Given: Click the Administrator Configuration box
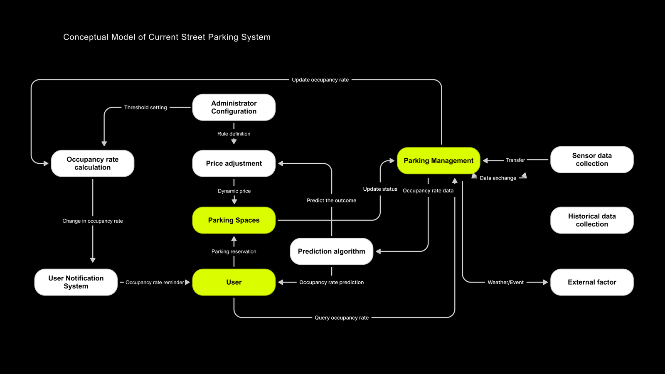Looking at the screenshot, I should pos(234,107).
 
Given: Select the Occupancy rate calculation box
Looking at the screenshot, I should pos(92,163).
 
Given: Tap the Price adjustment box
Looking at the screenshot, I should pos(234,163).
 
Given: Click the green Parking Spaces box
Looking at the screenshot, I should pos(234,220).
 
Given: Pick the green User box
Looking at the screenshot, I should pos(234,282).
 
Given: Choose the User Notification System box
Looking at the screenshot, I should pos(76,282).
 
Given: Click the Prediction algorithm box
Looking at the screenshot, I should pos(331,251).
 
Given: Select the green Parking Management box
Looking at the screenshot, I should pos(438,160).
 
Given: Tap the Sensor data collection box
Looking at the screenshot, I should pos(591,160).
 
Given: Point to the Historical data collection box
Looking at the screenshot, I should pos(591,220).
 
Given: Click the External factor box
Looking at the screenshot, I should pos(591,282).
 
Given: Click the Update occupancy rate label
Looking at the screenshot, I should pos(320,80).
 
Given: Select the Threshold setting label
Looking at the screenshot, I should pos(145,107).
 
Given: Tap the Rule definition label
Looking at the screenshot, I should pos(234,134).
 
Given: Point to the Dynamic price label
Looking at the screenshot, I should pos(234,191).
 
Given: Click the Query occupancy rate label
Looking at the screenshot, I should pos(342,317).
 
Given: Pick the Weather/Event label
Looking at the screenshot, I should pos(505,282).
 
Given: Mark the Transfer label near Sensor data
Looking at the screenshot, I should pos(515,160).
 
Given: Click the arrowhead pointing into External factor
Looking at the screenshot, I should pos(545,282).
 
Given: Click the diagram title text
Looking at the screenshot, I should pos(167,37).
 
